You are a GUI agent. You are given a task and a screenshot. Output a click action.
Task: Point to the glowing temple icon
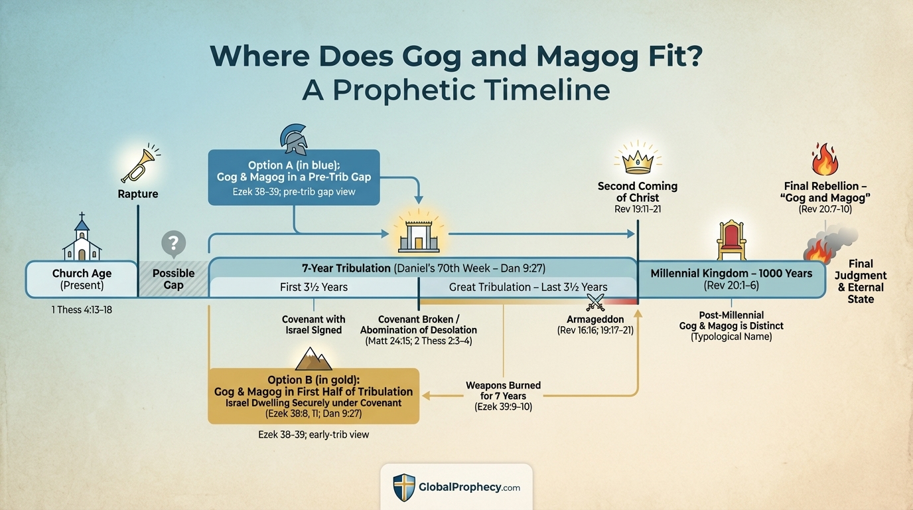pos(418,234)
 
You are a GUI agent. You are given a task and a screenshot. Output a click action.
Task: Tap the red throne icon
pos(731,240)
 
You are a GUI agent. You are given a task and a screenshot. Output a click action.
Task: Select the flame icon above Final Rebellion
pos(825,159)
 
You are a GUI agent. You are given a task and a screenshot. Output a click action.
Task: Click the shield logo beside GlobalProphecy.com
pos(403,487)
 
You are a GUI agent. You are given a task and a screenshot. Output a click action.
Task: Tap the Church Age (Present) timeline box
pos(81,279)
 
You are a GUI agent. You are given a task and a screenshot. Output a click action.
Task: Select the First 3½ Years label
pos(313,288)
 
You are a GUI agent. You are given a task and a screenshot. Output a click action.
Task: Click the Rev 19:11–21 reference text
pos(637,209)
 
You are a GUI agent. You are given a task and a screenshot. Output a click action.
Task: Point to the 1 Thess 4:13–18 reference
pos(82,309)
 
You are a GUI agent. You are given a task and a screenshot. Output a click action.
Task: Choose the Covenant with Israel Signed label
pos(313,325)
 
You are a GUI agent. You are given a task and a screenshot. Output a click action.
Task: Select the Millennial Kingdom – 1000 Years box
pos(731,279)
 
